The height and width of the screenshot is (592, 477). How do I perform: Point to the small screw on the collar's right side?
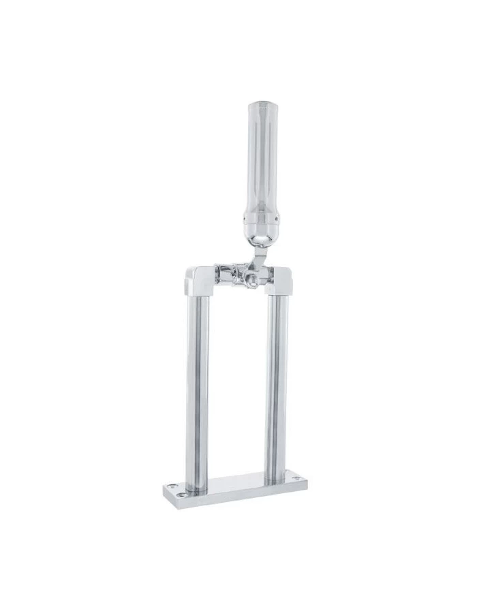(277, 218)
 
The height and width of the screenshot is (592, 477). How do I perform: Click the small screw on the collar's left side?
(247, 218)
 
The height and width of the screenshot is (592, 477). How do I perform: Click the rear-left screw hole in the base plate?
(179, 486)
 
